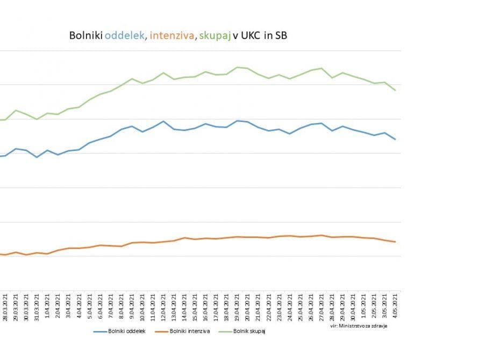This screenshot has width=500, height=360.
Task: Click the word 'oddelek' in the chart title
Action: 124,35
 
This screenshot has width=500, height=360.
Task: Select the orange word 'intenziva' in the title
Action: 172,35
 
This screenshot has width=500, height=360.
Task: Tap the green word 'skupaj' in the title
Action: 215,35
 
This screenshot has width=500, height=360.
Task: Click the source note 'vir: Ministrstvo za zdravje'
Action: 359,326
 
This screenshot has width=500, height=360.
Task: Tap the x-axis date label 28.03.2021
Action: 5,307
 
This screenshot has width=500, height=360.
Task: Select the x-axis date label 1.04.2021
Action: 48,308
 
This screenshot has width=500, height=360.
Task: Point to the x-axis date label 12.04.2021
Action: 164,307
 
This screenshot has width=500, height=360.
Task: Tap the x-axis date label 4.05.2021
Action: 396,308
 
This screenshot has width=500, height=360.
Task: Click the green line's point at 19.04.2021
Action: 237,67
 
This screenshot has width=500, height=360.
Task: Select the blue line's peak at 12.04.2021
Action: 163,121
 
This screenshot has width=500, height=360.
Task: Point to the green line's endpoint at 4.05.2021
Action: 396,90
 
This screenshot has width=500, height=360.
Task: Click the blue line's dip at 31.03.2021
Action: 37,157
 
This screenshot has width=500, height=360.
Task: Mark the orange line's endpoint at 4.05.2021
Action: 396,242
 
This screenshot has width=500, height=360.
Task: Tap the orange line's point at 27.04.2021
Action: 322,235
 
